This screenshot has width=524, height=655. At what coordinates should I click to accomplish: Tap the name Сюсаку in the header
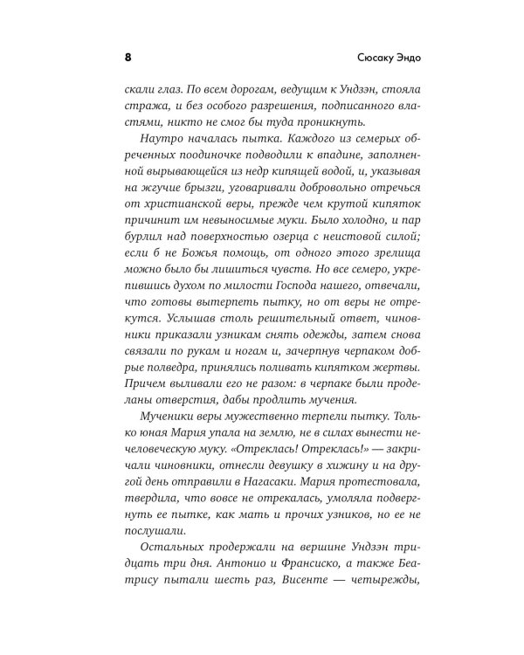[x=356, y=58]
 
